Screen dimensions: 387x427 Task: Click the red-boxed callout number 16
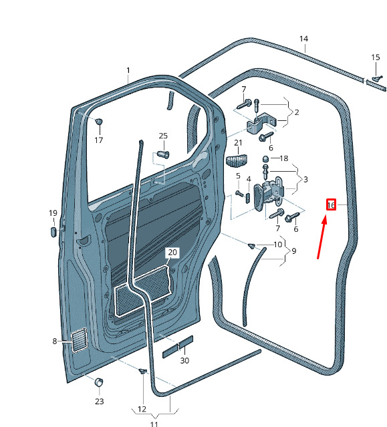331,204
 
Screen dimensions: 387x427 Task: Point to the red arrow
321,237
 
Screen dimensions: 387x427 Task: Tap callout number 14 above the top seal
303,39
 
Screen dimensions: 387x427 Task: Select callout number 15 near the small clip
375,57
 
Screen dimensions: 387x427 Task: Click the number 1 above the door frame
128,71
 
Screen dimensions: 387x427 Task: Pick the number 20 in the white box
172,253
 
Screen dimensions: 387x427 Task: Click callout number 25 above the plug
163,136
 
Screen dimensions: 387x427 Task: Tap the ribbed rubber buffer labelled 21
237,160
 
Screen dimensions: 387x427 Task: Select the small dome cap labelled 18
266,158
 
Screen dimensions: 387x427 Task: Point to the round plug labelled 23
99,382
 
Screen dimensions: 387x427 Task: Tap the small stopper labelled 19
53,232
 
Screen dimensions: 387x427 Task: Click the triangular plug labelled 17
99,121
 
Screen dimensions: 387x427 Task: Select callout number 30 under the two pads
184,361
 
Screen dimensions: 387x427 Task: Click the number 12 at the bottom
142,409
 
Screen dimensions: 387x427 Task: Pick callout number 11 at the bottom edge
154,424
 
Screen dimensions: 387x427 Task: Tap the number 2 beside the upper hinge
297,112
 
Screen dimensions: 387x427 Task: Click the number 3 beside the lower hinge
305,180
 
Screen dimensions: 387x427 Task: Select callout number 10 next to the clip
278,245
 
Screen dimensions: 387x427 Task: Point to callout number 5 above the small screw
238,176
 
